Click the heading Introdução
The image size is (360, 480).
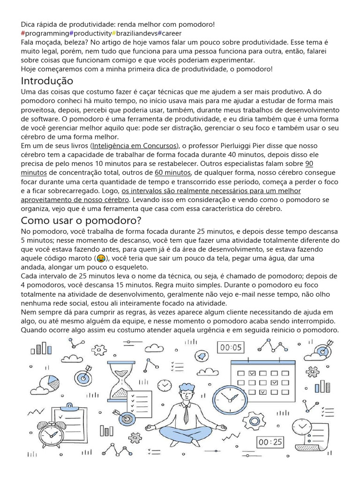point(47,81)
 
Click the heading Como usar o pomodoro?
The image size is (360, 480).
point(81,220)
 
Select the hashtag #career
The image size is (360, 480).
point(169,33)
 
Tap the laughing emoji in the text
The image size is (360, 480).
point(100,258)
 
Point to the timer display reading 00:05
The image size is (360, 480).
point(231,347)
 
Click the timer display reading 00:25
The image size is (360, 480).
point(270,442)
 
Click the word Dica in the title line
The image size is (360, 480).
point(28,24)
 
